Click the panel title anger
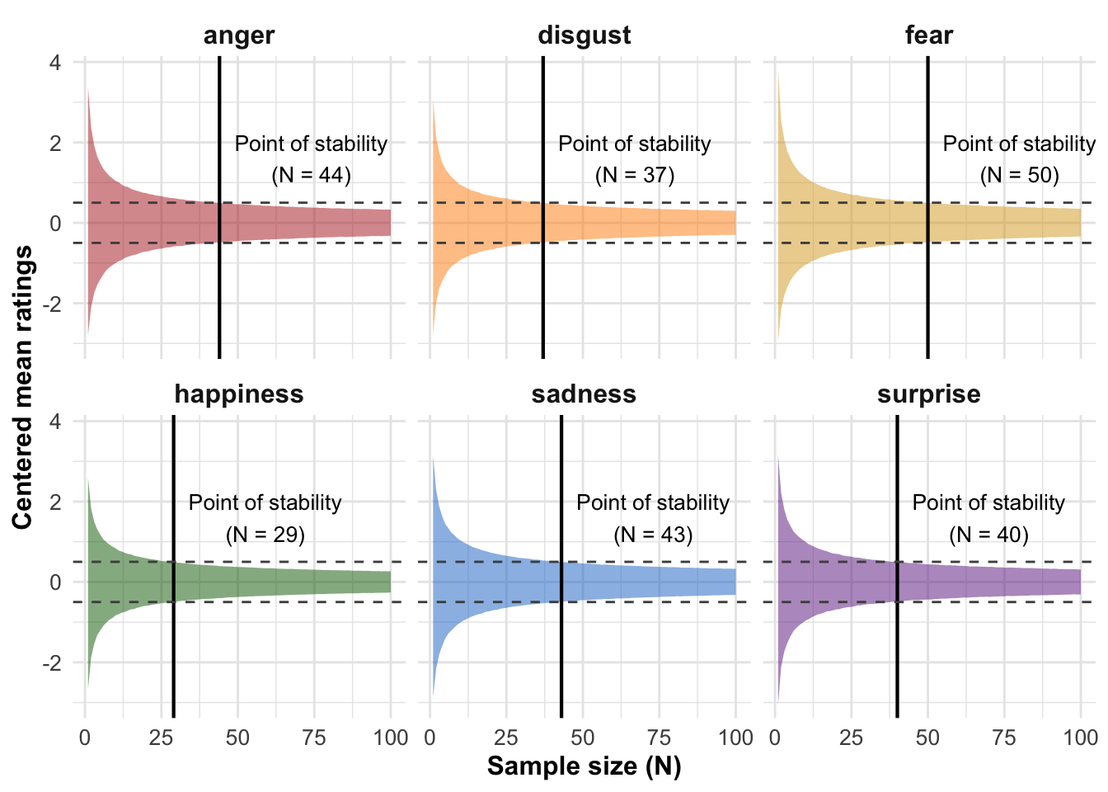[239, 35]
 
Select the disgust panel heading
[584, 35]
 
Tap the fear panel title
[928, 35]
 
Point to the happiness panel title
[239, 394]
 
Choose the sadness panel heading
[584, 394]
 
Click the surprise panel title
[928, 394]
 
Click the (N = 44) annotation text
[311, 175]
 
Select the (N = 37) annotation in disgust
[634, 175]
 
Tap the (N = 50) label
[1019, 175]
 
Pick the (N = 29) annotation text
[265, 535]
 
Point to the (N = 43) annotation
[653, 535]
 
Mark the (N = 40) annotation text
[988, 535]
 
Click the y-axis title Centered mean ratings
[22, 388]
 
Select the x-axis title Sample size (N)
[584, 766]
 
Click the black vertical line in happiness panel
[173, 643]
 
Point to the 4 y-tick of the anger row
[55, 63]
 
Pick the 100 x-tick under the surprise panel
[1080, 738]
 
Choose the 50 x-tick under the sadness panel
[583, 738]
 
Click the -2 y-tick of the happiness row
[51, 663]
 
